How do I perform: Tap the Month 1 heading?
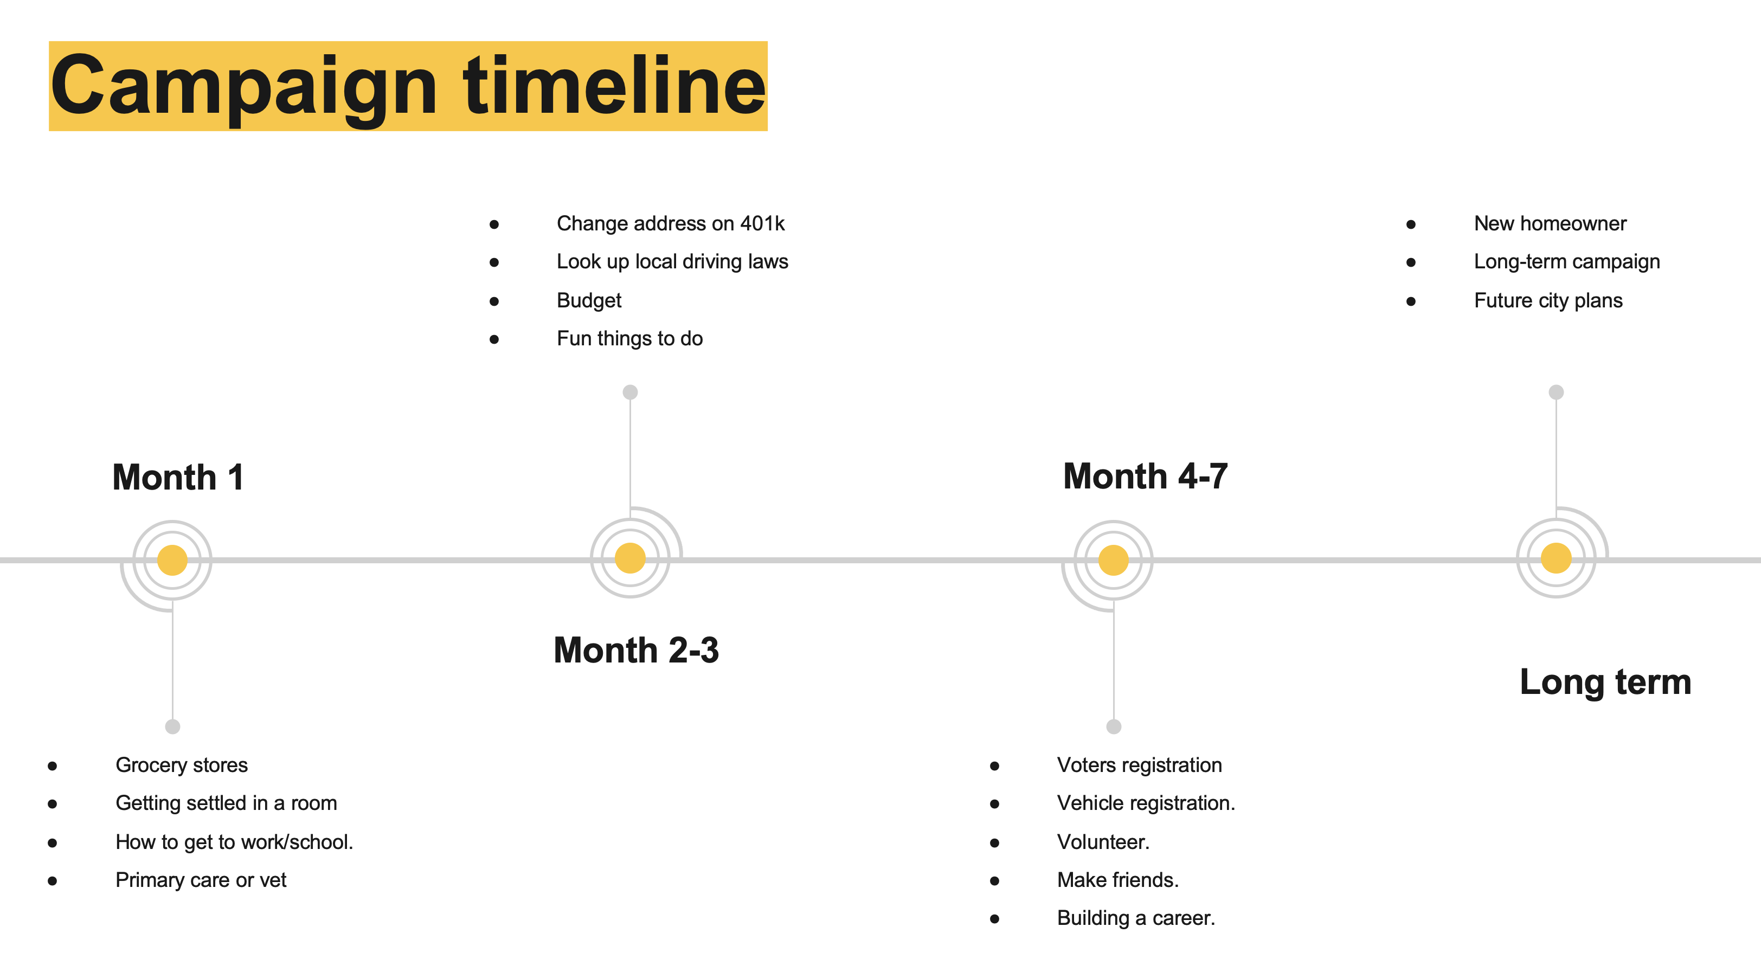(178, 477)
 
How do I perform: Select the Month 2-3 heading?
(636, 649)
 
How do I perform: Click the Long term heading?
(1605, 682)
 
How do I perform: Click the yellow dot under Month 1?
(172, 561)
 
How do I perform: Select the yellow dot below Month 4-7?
(1114, 561)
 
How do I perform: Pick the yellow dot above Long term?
(1557, 558)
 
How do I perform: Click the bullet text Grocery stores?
(182, 765)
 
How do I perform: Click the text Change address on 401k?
(671, 223)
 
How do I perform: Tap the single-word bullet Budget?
(589, 301)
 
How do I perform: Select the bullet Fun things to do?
(629, 338)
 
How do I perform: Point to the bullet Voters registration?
(1140, 765)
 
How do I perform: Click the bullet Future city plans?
(1548, 301)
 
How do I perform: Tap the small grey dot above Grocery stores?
(173, 726)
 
